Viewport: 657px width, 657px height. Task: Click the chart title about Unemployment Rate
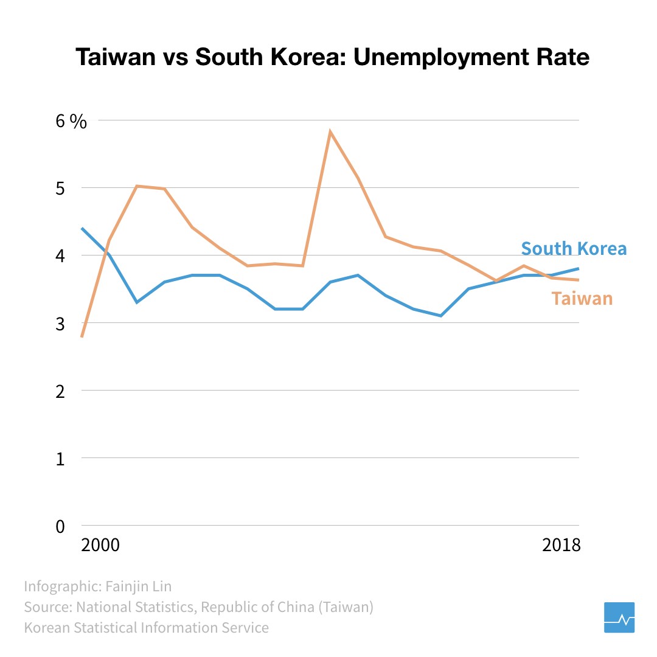pyautogui.click(x=332, y=57)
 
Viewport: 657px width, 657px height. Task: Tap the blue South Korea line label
pyautogui.click(x=573, y=249)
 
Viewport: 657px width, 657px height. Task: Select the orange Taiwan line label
pyautogui.click(x=582, y=299)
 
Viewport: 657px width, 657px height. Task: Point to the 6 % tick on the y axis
pyautogui.click(x=71, y=121)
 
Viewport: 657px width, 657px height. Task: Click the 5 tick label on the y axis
pyautogui.click(x=60, y=189)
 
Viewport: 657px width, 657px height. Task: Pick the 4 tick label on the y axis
pyautogui.click(x=60, y=256)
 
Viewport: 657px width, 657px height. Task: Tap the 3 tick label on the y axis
pyautogui.click(x=60, y=324)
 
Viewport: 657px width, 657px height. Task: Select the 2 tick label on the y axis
pyautogui.click(x=60, y=391)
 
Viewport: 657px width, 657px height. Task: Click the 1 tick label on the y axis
pyautogui.click(x=60, y=459)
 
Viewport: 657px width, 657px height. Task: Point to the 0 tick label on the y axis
pyautogui.click(x=60, y=526)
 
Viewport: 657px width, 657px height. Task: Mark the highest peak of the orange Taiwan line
pyautogui.click(x=330, y=131)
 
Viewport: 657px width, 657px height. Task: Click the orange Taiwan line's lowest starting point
pyautogui.click(x=82, y=336)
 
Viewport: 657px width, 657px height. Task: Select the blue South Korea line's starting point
pyautogui.click(x=82, y=228)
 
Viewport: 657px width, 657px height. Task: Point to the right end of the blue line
pyautogui.click(x=579, y=268)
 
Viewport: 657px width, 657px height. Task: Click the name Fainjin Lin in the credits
pyautogui.click(x=139, y=586)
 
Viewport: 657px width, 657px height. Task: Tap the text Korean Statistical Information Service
pyautogui.click(x=146, y=627)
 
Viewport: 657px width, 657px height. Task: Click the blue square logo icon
pyautogui.click(x=619, y=617)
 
